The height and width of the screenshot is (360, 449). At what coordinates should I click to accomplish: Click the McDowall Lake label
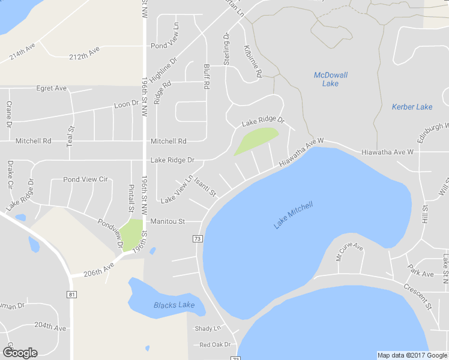coord(330,79)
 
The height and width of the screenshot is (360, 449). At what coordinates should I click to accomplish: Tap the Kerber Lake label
coord(412,107)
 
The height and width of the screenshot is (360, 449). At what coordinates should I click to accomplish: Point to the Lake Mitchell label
coord(293,215)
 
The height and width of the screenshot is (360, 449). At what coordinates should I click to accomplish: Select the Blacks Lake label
coord(173,305)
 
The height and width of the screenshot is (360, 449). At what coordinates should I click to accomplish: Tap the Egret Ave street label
coord(52,88)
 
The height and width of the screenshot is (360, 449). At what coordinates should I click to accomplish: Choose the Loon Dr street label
coord(126,104)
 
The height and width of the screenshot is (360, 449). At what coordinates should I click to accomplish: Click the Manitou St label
coord(168,221)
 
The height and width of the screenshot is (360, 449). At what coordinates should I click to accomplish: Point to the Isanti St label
coord(205,185)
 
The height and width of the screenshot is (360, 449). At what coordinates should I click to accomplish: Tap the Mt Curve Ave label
coord(349,253)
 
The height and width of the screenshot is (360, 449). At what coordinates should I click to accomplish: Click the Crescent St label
coord(418,296)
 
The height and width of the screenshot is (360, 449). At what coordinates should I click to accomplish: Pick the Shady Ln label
coord(208,328)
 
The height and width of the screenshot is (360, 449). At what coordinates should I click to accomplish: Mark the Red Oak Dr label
coord(215,344)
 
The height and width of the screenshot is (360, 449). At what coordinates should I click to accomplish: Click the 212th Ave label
coord(84,53)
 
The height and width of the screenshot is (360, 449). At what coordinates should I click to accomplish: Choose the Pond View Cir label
coord(85,179)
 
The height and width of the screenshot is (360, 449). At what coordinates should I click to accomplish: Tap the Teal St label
coord(71,137)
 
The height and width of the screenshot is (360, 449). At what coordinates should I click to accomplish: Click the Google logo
coord(20,353)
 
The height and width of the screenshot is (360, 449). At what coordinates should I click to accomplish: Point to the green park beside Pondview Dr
coord(133,233)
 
